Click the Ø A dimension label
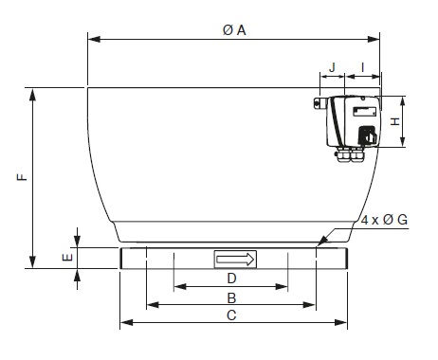click(x=234, y=30)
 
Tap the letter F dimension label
click(x=22, y=177)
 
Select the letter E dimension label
click(x=67, y=258)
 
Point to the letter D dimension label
click(x=231, y=279)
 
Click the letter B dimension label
click(x=231, y=297)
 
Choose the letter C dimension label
click(x=231, y=315)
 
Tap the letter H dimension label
click(x=395, y=121)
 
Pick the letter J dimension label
click(x=332, y=67)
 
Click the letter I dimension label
click(x=363, y=67)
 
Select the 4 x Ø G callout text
click(x=384, y=220)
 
